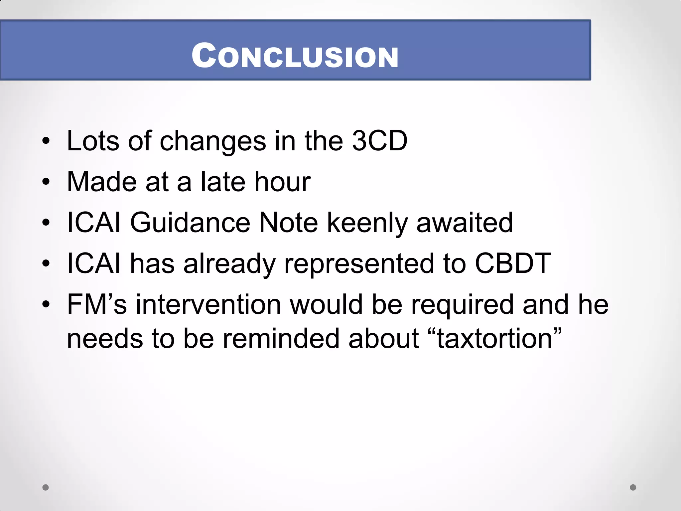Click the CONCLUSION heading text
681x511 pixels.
tap(295, 56)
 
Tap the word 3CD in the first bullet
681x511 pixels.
tap(380, 141)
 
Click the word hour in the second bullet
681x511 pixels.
tap(282, 182)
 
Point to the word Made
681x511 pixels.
tap(102, 182)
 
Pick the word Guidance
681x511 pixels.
tap(190, 223)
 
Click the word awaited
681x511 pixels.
tap(465, 223)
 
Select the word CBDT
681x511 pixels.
tap(513, 263)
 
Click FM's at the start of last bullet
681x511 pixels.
tap(97, 304)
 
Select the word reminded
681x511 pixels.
tap(281, 339)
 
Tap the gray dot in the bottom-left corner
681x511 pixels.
tap(46, 487)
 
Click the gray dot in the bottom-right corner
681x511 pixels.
tap(633, 487)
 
